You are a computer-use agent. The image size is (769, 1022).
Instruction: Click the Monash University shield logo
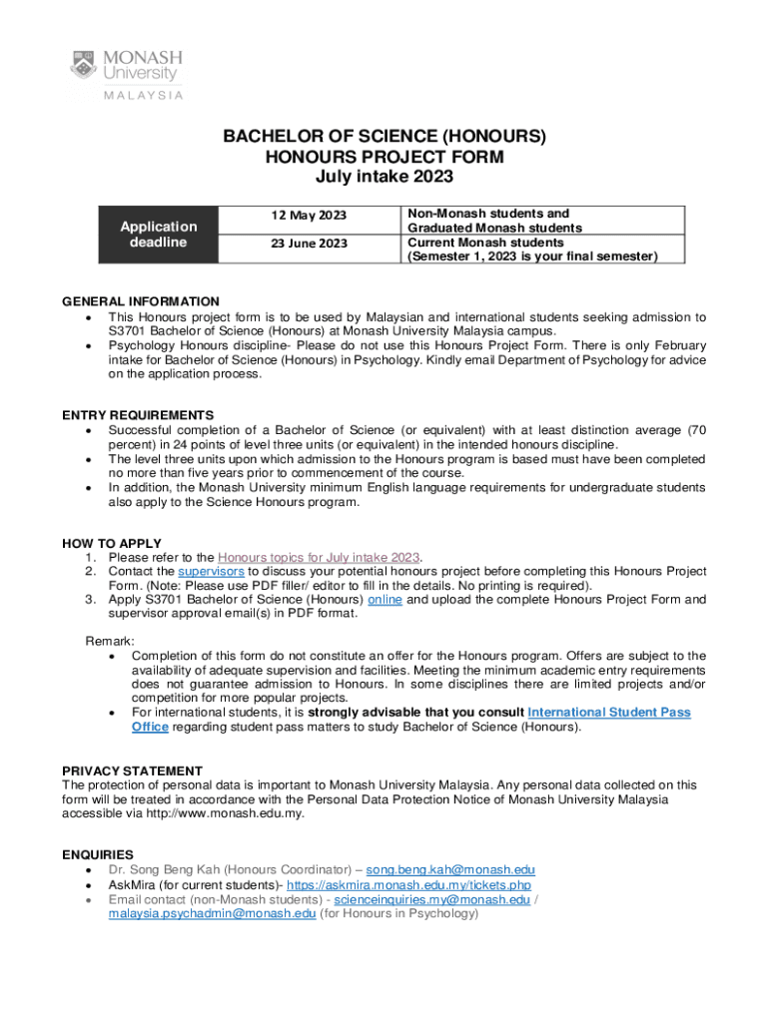pyautogui.click(x=85, y=65)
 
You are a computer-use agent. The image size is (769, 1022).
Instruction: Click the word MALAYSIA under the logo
pyautogui.click(x=140, y=96)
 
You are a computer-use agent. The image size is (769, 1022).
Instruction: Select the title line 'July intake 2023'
pyautogui.click(x=384, y=177)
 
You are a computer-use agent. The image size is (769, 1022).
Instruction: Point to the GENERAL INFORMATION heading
pyautogui.click(x=141, y=301)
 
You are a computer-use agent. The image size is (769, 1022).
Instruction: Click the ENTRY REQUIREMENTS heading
pyautogui.click(x=138, y=415)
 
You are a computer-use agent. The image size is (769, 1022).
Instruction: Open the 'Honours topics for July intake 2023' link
pyautogui.click(x=319, y=557)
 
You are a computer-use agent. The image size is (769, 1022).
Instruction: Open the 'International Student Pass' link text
pyautogui.click(x=608, y=713)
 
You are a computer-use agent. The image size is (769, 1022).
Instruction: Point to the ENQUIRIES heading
pyautogui.click(x=98, y=854)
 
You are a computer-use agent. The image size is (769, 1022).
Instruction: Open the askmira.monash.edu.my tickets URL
pyautogui.click(x=408, y=884)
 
